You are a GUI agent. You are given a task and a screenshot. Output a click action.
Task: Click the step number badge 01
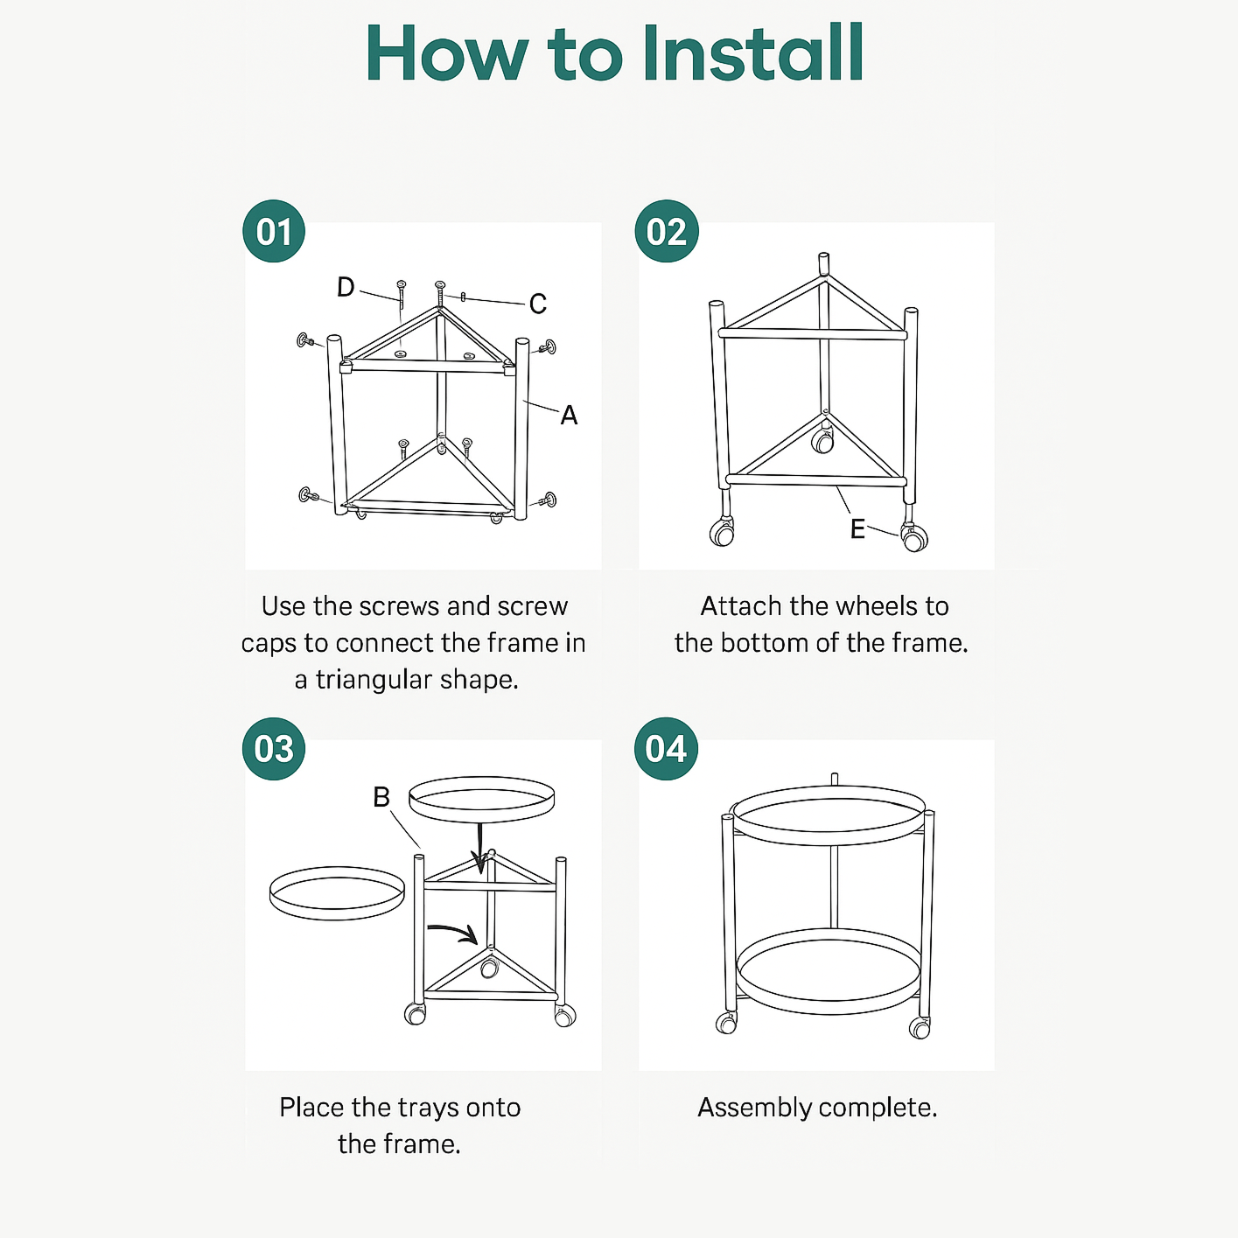pos(274,232)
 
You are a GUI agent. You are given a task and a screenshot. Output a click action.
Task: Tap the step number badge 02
pos(667,232)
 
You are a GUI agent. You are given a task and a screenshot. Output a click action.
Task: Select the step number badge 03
pos(274,749)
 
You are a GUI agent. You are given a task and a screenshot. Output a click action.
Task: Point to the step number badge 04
pos(667,749)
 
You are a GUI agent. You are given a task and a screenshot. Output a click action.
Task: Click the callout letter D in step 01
pos(346,287)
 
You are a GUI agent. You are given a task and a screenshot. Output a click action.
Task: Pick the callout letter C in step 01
pos(537,304)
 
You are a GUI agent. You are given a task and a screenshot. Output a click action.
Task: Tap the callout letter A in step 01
pos(569,415)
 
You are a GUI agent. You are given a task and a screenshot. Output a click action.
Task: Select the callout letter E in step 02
pos(857,528)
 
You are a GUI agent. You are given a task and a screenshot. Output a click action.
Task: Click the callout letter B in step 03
pos(381,797)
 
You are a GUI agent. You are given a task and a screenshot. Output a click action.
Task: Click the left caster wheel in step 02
pos(722,532)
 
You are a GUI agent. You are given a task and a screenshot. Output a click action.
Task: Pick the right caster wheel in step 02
pos(914,538)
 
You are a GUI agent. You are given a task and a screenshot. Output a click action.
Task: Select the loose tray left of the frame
pos(337,893)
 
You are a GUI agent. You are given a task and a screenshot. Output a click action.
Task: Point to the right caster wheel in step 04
pos(920,1027)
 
